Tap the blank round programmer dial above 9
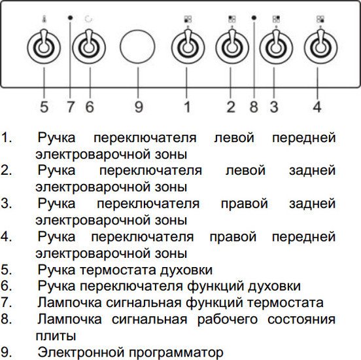tap(137, 46)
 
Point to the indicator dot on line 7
tap(71, 18)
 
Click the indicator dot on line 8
tap(254, 18)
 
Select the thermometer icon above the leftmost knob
tap(44, 19)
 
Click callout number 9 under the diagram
tap(139, 107)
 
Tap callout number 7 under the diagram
tap(71, 107)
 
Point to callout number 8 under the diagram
tap(254, 107)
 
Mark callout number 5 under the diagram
tap(44, 107)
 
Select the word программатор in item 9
tap(176, 353)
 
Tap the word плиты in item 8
tap(56, 336)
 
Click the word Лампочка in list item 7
tap(69, 302)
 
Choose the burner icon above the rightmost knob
tap(320, 19)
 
